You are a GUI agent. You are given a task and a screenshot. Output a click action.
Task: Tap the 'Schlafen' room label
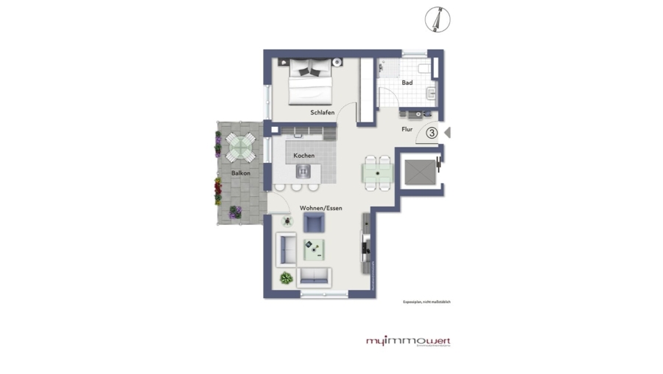[x=322, y=112]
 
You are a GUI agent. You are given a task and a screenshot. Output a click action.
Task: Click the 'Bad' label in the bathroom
[x=407, y=83]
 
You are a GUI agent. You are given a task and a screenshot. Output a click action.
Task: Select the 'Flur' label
[x=406, y=129]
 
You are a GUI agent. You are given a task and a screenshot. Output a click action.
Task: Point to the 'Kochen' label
[x=304, y=156]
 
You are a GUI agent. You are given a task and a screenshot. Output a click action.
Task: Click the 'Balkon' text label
[x=240, y=173]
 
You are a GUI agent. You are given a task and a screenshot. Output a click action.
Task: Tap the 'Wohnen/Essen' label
[x=320, y=208]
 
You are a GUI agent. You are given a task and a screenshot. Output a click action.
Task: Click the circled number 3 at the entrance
[x=432, y=133]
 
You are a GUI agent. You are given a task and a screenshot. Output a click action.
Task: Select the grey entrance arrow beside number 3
[x=447, y=133]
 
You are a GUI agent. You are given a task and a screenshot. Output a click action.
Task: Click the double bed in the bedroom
[x=309, y=83]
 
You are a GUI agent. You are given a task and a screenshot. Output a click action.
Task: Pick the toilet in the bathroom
[x=424, y=69]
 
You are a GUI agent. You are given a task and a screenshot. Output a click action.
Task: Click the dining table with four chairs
[x=378, y=172]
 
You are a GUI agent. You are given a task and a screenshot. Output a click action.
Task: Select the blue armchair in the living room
[x=314, y=224]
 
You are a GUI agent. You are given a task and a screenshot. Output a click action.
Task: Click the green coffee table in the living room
[x=316, y=249]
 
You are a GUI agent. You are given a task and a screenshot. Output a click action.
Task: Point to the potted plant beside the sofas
[x=285, y=278]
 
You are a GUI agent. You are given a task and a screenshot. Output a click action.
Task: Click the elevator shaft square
[x=418, y=171]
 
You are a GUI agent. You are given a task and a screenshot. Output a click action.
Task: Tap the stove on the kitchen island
[x=304, y=171]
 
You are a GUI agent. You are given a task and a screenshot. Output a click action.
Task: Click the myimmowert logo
[x=408, y=342]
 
